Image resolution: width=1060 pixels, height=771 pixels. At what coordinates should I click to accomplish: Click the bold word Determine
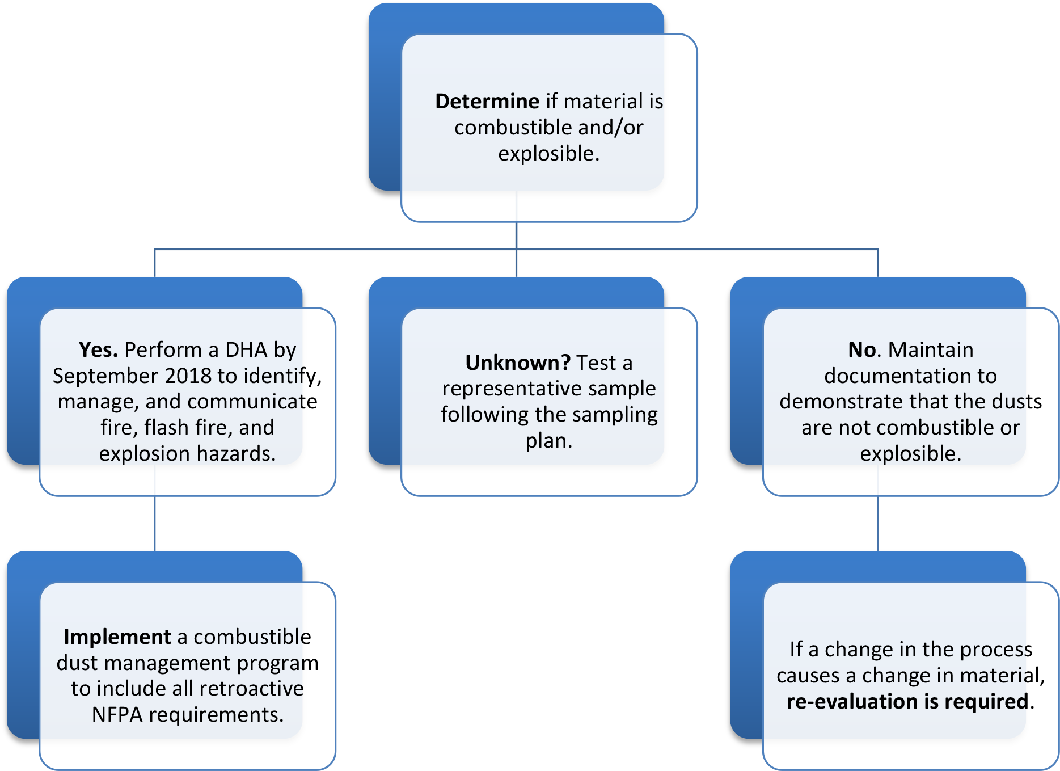(x=487, y=102)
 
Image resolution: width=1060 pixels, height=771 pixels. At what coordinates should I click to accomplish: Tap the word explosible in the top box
(x=548, y=154)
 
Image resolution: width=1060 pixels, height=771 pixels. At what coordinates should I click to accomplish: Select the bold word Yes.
(x=98, y=350)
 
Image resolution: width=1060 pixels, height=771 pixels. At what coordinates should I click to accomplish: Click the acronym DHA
(x=246, y=350)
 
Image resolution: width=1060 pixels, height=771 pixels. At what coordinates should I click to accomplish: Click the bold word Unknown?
(x=518, y=363)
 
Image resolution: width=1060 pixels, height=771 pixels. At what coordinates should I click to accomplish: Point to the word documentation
(x=910, y=376)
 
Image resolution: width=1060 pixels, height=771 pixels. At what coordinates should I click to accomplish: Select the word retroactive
(x=252, y=689)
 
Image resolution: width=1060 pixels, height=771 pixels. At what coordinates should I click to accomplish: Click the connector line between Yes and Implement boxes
(x=155, y=524)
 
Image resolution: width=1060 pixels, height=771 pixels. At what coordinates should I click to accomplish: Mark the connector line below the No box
(x=878, y=524)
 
